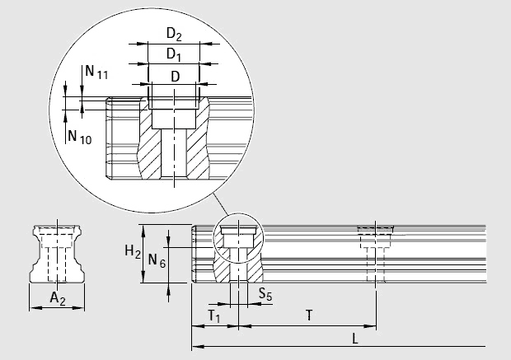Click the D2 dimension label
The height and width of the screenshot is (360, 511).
(x=173, y=35)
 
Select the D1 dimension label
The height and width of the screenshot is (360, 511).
(x=173, y=54)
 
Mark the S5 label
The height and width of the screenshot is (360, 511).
(x=265, y=292)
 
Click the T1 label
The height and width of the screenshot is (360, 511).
(x=214, y=316)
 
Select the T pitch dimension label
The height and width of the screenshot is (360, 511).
(x=308, y=315)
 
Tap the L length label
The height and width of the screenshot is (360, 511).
(x=353, y=337)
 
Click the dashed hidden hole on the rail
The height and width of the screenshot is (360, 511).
(x=376, y=255)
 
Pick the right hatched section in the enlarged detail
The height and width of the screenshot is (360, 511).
(x=200, y=144)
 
